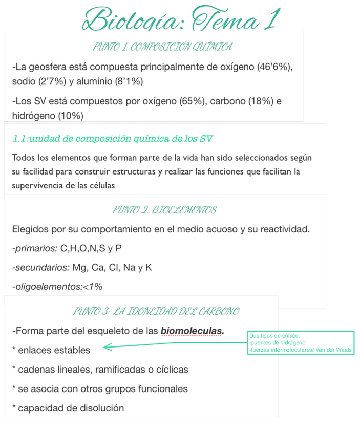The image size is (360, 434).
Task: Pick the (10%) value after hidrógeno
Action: [71, 116]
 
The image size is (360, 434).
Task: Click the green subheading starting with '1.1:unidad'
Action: [112, 139]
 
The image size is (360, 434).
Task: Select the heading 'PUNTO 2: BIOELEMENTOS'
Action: [164, 210]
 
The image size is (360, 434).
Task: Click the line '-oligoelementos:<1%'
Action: [57, 287]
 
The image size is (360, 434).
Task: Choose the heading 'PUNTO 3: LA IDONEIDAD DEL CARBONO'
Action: [156, 312]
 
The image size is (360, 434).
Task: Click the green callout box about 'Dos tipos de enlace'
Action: [301, 343]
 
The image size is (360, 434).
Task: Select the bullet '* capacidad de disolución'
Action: [68, 408]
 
